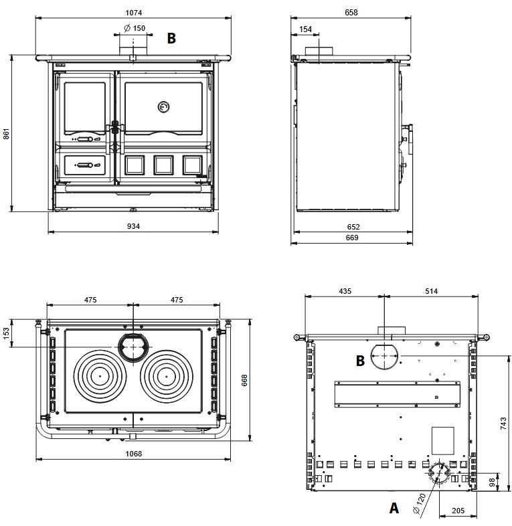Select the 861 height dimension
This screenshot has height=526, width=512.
click(7, 134)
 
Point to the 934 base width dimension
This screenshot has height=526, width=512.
click(133, 226)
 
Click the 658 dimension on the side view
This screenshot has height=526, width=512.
click(351, 12)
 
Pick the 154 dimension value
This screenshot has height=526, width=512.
click(305, 29)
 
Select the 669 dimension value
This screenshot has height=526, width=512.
click(352, 238)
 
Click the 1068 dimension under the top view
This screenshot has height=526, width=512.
click(133, 453)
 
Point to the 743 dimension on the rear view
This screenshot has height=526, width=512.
click(504, 424)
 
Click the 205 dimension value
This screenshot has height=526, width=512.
click(458, 511)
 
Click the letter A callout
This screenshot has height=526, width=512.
click(394, 508)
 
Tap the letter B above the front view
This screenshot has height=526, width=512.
click(171, 39)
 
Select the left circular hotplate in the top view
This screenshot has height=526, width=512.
click(100, 375)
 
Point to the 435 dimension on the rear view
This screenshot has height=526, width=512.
click(345, 291)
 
